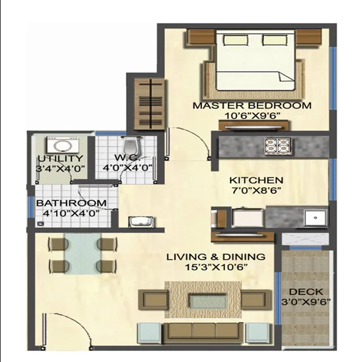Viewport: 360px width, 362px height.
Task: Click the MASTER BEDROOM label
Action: pyautogui.click(x=252, y=105)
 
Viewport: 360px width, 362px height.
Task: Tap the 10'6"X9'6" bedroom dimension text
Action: pyautogui.click(x=253, y=117)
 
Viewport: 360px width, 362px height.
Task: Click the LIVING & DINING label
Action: pyautogui.click(x=216, y=257)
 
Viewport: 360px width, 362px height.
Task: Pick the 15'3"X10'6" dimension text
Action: pyautogui.click(x=216, y=267)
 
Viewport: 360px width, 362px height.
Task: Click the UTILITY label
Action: pyautogui.click(x=60, y=158)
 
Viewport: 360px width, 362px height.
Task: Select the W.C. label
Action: pyautogui.click(x=123, y=157)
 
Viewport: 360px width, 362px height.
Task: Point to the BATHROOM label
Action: pyautogui.click(x=71, y=202)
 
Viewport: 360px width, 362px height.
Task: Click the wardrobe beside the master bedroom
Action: pyautogui.click(x=149, y=101)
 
